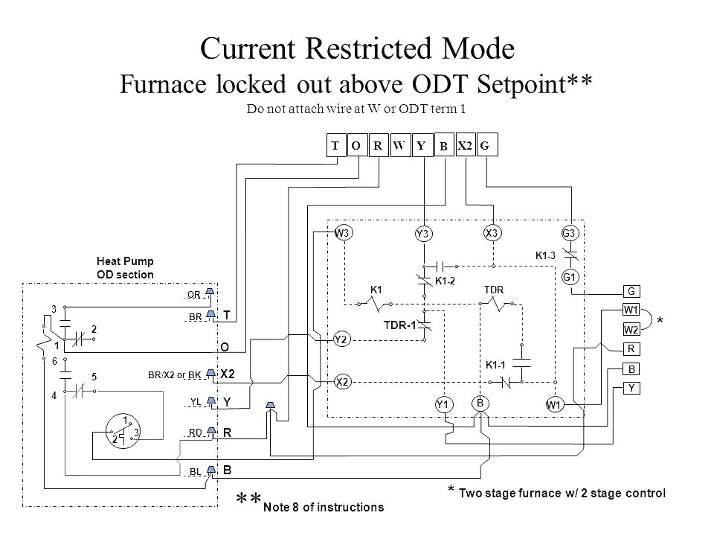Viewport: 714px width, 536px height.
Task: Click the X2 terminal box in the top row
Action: point(465,147)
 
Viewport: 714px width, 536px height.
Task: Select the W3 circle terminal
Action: point(343,232)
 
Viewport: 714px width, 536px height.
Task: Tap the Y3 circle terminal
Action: point(423,234)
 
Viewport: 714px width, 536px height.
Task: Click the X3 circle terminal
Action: point(492,232)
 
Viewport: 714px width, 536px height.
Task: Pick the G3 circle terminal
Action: point(570,232)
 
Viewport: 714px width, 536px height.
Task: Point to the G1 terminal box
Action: point(570,278)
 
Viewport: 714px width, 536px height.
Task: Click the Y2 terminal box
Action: point(342,338)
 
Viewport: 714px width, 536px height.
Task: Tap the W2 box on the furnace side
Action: point(631,328)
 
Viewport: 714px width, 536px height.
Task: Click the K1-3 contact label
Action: point(547,255)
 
